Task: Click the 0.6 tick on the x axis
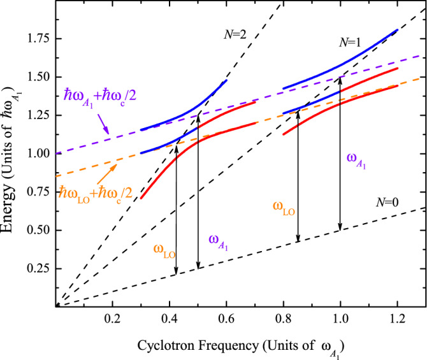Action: point(226,318)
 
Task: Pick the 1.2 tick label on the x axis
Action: point(397,318)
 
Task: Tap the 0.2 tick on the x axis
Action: point(113,318)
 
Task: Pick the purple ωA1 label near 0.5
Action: point(219,241)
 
